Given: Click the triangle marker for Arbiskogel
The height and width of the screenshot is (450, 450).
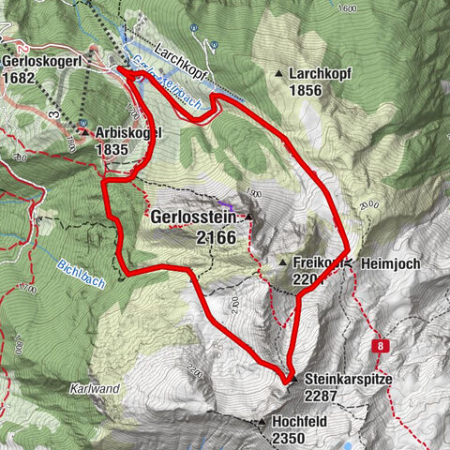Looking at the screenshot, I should [x=84, y=132].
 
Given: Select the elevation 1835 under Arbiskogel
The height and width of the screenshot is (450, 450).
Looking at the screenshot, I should [x=112, y=148].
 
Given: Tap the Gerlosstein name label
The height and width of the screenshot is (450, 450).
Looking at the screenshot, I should [x=194, y=217].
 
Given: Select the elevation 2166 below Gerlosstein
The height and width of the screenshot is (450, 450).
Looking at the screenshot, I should [x=218, y=238].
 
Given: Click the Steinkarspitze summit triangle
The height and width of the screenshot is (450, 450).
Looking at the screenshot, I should [x=292, y=379].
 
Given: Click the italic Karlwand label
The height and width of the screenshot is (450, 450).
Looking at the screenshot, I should [x=93, y=386].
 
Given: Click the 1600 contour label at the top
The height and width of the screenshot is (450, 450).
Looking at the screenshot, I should [x=350, y=8].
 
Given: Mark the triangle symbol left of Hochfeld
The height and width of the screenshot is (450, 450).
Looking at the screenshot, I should [x=262, y=423].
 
